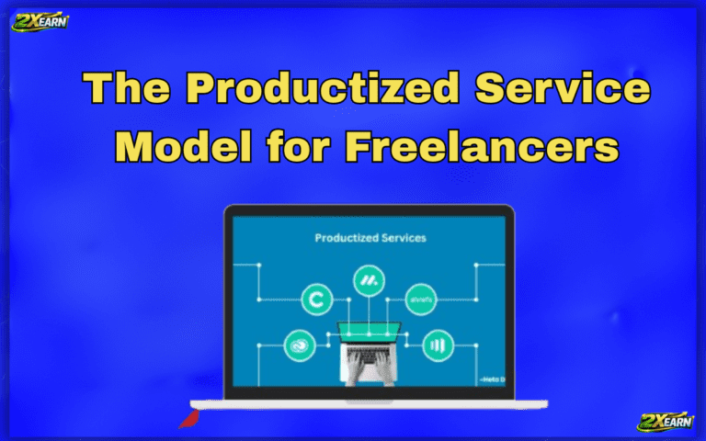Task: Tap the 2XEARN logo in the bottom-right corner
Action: tap(666, 421)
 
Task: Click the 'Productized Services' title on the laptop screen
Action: tap(370, 237)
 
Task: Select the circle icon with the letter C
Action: tap(317, 298)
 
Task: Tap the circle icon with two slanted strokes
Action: tap(370, 280)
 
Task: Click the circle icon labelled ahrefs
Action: tap(421, 298)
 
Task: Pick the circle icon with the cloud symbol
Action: tap(300, 345)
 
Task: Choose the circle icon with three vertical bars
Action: tap(438, 345)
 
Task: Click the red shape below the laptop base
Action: tap(188, 420)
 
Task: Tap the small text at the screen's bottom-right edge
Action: tap(493, 377)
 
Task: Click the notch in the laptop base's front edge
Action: tap(369, 401)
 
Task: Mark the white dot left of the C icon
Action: tap(259, 298)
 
